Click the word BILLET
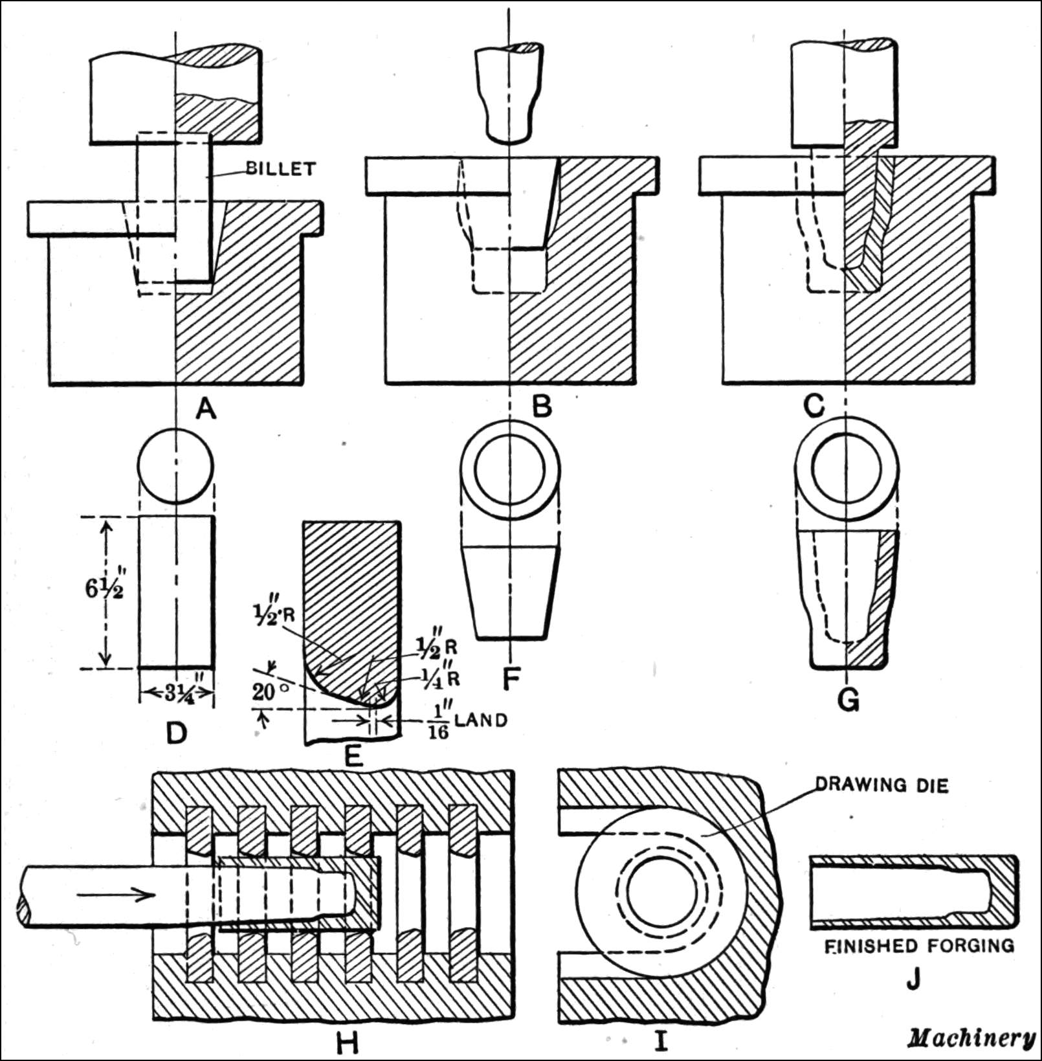click(280, 169)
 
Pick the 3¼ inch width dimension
click(176, 693)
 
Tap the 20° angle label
click(269, 691)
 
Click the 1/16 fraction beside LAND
click(440, 720)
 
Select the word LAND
click(481, 719)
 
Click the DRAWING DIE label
click(881, 785)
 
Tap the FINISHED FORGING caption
click(919, 946)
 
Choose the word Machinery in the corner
click(971, 1038)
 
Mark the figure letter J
click(913, 980)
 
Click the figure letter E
click(353, 755)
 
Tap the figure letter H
click(348, 1041)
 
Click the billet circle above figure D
click(176, 465)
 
